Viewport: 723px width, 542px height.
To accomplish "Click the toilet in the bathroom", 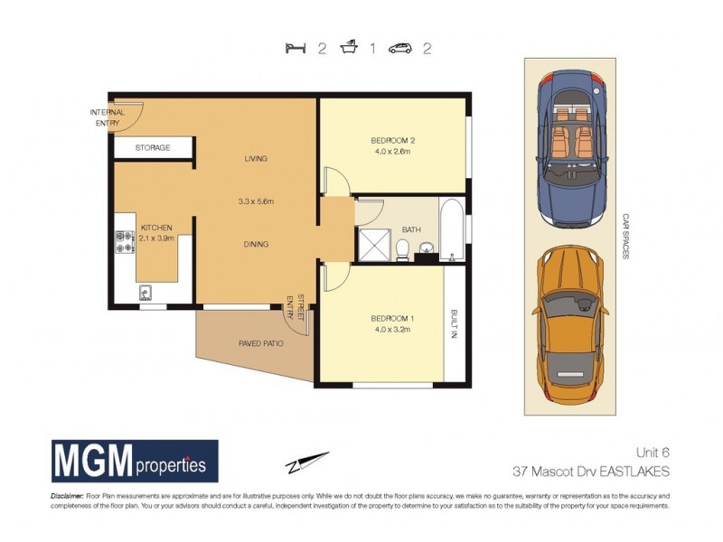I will point(404,248).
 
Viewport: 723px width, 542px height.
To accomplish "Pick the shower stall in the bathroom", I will point(372,243).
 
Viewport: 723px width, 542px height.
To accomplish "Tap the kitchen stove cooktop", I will point(124,241).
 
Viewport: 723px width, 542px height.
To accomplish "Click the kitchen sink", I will point(145,293).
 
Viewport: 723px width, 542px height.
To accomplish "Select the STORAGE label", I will point(153,147).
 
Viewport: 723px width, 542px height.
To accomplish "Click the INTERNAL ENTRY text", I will point(106,117).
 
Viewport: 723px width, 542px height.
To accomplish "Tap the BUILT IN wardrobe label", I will point(455,325).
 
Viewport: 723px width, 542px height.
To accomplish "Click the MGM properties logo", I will point(135,463).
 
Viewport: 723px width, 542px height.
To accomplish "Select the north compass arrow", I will point(308,462).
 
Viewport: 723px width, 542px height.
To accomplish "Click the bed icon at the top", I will point(291,49).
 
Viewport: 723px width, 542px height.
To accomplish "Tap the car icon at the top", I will point(400,49).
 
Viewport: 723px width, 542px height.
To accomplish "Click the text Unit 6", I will point(650,453).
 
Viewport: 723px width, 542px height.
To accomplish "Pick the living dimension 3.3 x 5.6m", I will point(256,201).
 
